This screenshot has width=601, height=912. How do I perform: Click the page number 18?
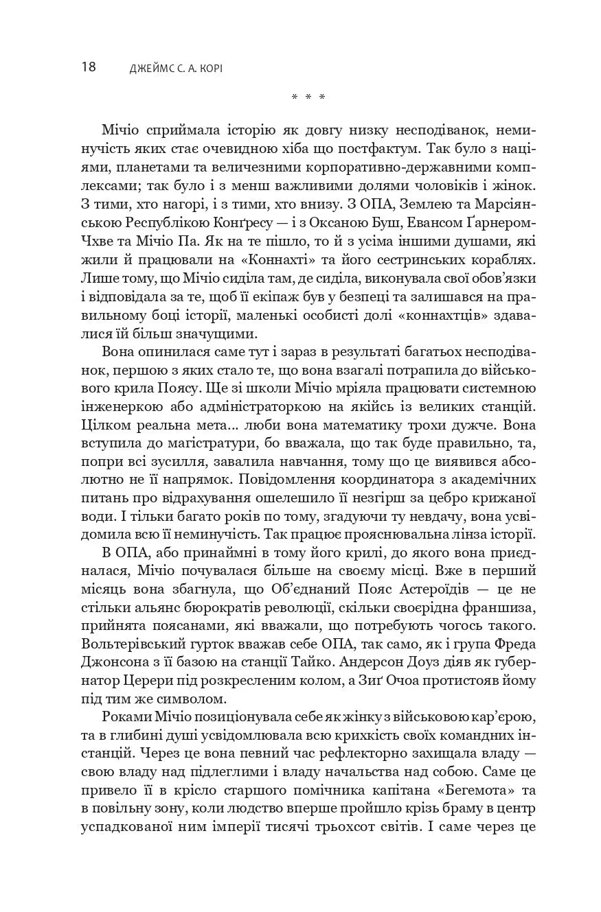[89, 67]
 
